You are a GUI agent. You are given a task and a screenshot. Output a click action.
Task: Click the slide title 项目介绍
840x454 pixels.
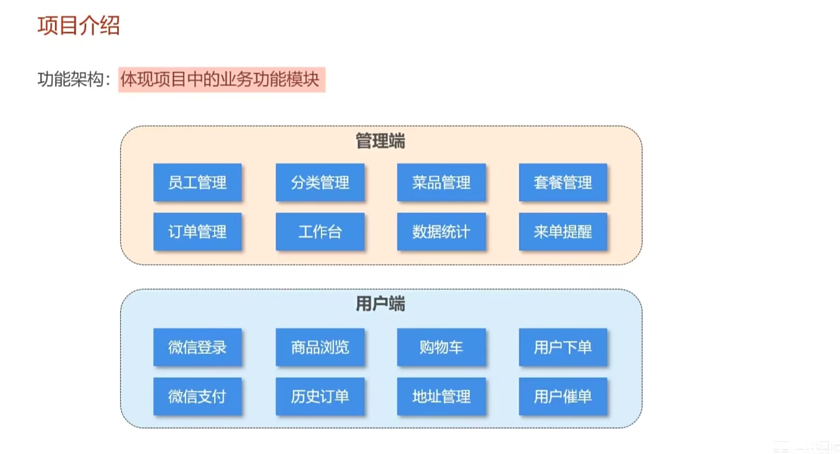point(78,25)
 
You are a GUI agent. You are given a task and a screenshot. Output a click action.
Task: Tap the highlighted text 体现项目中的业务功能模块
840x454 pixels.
point(221,79)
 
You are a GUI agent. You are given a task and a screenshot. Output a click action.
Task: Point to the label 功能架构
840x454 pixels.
point(71,79)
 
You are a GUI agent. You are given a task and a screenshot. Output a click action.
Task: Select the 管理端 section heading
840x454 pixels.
point(380,141)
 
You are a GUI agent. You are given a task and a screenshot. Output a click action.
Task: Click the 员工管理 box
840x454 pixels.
point(198,182)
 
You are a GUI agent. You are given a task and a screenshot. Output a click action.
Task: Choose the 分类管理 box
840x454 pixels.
point(320,182)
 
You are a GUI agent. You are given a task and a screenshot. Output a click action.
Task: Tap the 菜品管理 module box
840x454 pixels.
point(441,182)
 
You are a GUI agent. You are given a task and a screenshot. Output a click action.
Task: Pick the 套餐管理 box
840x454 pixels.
point(563,182)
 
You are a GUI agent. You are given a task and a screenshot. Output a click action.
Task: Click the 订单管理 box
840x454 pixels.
point(198,232)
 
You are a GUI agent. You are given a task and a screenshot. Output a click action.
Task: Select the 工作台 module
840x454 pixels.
point(320,232)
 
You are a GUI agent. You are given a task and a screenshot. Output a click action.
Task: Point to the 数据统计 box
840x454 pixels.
point(441,232)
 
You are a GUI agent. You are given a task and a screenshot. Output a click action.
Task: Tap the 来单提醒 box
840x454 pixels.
point(563,232)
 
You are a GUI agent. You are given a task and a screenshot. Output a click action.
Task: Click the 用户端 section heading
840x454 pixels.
point(380,304)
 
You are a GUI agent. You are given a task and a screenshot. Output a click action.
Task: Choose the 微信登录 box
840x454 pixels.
point(198,347)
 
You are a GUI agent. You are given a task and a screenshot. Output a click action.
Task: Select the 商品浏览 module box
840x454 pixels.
point(320,347)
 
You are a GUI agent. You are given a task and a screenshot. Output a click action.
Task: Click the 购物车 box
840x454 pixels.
point(441,347)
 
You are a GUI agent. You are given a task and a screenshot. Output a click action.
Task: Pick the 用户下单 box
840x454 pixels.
point(563,347)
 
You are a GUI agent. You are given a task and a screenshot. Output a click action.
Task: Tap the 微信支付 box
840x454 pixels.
point(198,396)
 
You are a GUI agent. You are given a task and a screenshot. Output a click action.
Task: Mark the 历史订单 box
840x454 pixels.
point(320,396)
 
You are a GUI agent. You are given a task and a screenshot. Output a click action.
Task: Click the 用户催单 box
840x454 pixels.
point(563,396)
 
